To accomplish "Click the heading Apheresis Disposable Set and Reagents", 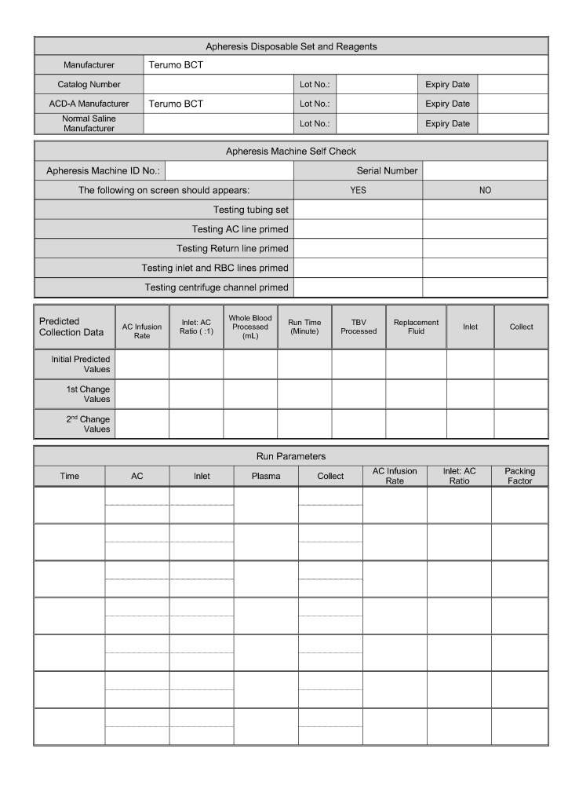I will (x=291, y=46).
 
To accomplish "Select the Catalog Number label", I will (x=89, y=84).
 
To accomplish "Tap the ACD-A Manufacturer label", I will (x=89, y=104).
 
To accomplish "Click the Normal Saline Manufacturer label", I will (x=89, y=123).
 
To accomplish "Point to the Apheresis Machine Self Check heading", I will (x=291, y=151).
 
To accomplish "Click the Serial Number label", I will (x=387, y=170).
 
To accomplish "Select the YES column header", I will (x=358, y=190).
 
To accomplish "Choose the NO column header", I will (x=485, y=190).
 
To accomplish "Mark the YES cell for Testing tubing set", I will (x=358, y=210).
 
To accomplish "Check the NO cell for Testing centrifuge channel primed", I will (x=485, y=287).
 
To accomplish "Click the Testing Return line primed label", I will (x=232, y=248).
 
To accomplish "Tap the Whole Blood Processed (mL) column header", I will (x=250, y=327).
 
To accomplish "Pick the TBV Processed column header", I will (x=359, y=327).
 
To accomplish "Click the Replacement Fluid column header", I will (x=416, y=327).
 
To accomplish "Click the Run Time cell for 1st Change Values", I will (x=304, y=394).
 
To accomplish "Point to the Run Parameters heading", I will (x=291, y=456).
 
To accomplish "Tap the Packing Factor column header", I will (x=519, y=476).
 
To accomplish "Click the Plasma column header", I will (x=266, y=476).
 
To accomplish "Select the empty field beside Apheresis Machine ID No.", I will (x=229, y=170).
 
